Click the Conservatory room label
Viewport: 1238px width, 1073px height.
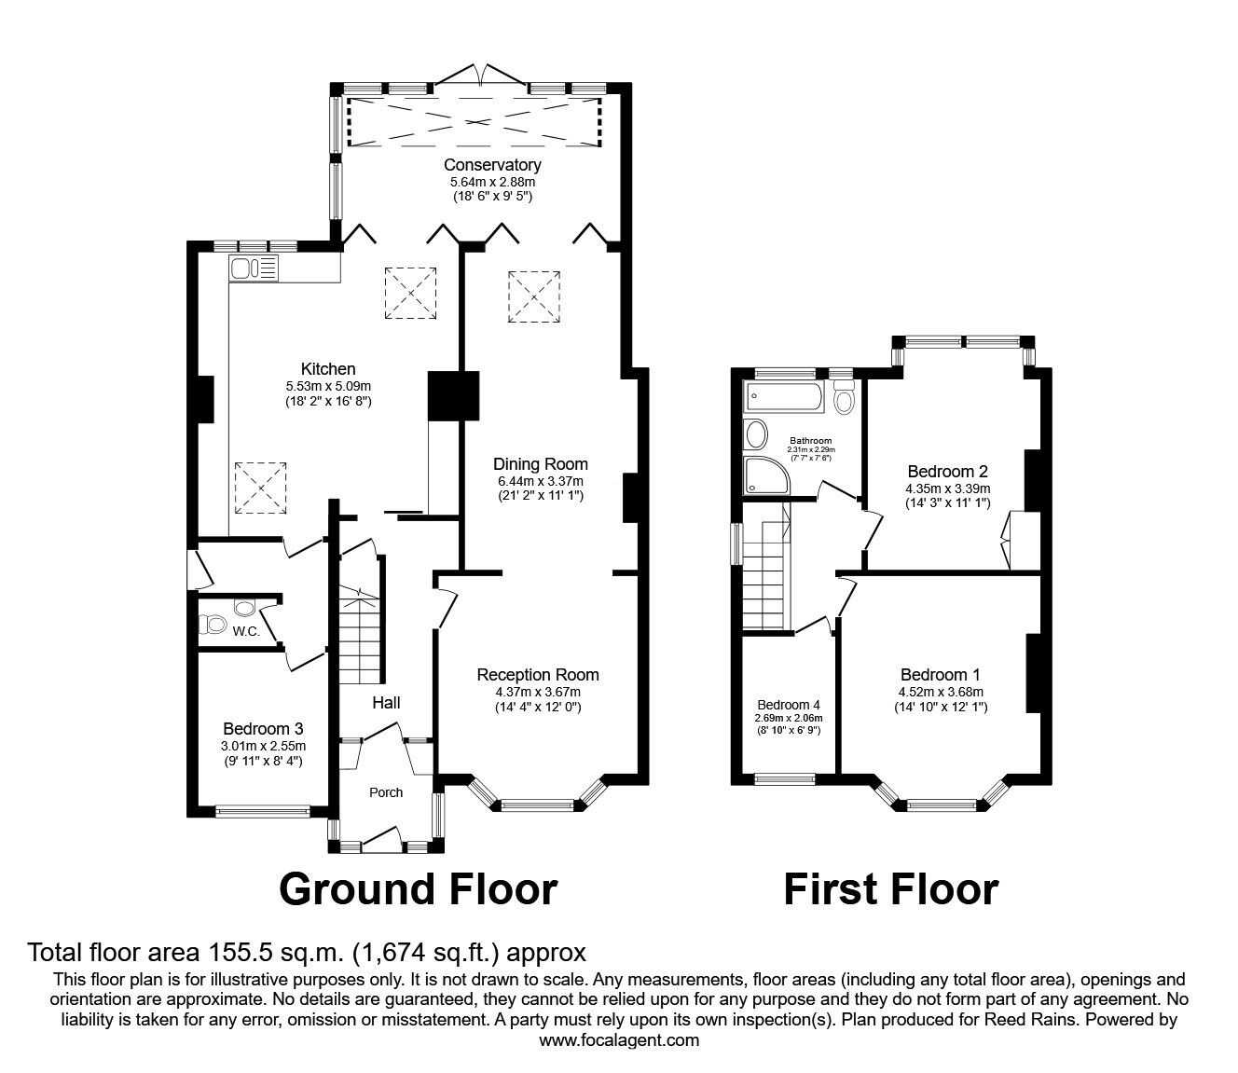click(492, 165)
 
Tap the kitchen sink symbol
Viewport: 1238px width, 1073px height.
click(253, 269)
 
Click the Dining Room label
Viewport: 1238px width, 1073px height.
click(541, 463)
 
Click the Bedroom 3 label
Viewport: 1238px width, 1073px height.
click(263, 729)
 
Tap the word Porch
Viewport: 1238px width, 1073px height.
click(386, 792)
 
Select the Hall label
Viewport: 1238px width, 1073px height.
click(386, 702)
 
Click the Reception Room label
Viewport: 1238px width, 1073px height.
click(538, 675)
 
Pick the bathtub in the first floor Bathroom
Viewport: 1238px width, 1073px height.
click(785, 399)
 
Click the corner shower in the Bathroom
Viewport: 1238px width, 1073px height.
click(764, 474)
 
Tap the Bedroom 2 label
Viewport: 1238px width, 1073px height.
click(947, 472)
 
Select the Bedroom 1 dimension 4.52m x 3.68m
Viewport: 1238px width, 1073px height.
click(941, 692)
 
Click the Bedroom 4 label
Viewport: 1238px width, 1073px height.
click(789, 705)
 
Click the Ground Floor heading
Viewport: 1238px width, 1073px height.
click(419, 888)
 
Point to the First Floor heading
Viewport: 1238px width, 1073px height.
click(890, 888)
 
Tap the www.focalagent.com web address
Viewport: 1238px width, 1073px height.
click(619, 1040)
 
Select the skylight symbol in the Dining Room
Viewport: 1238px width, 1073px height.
click(534, 296)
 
